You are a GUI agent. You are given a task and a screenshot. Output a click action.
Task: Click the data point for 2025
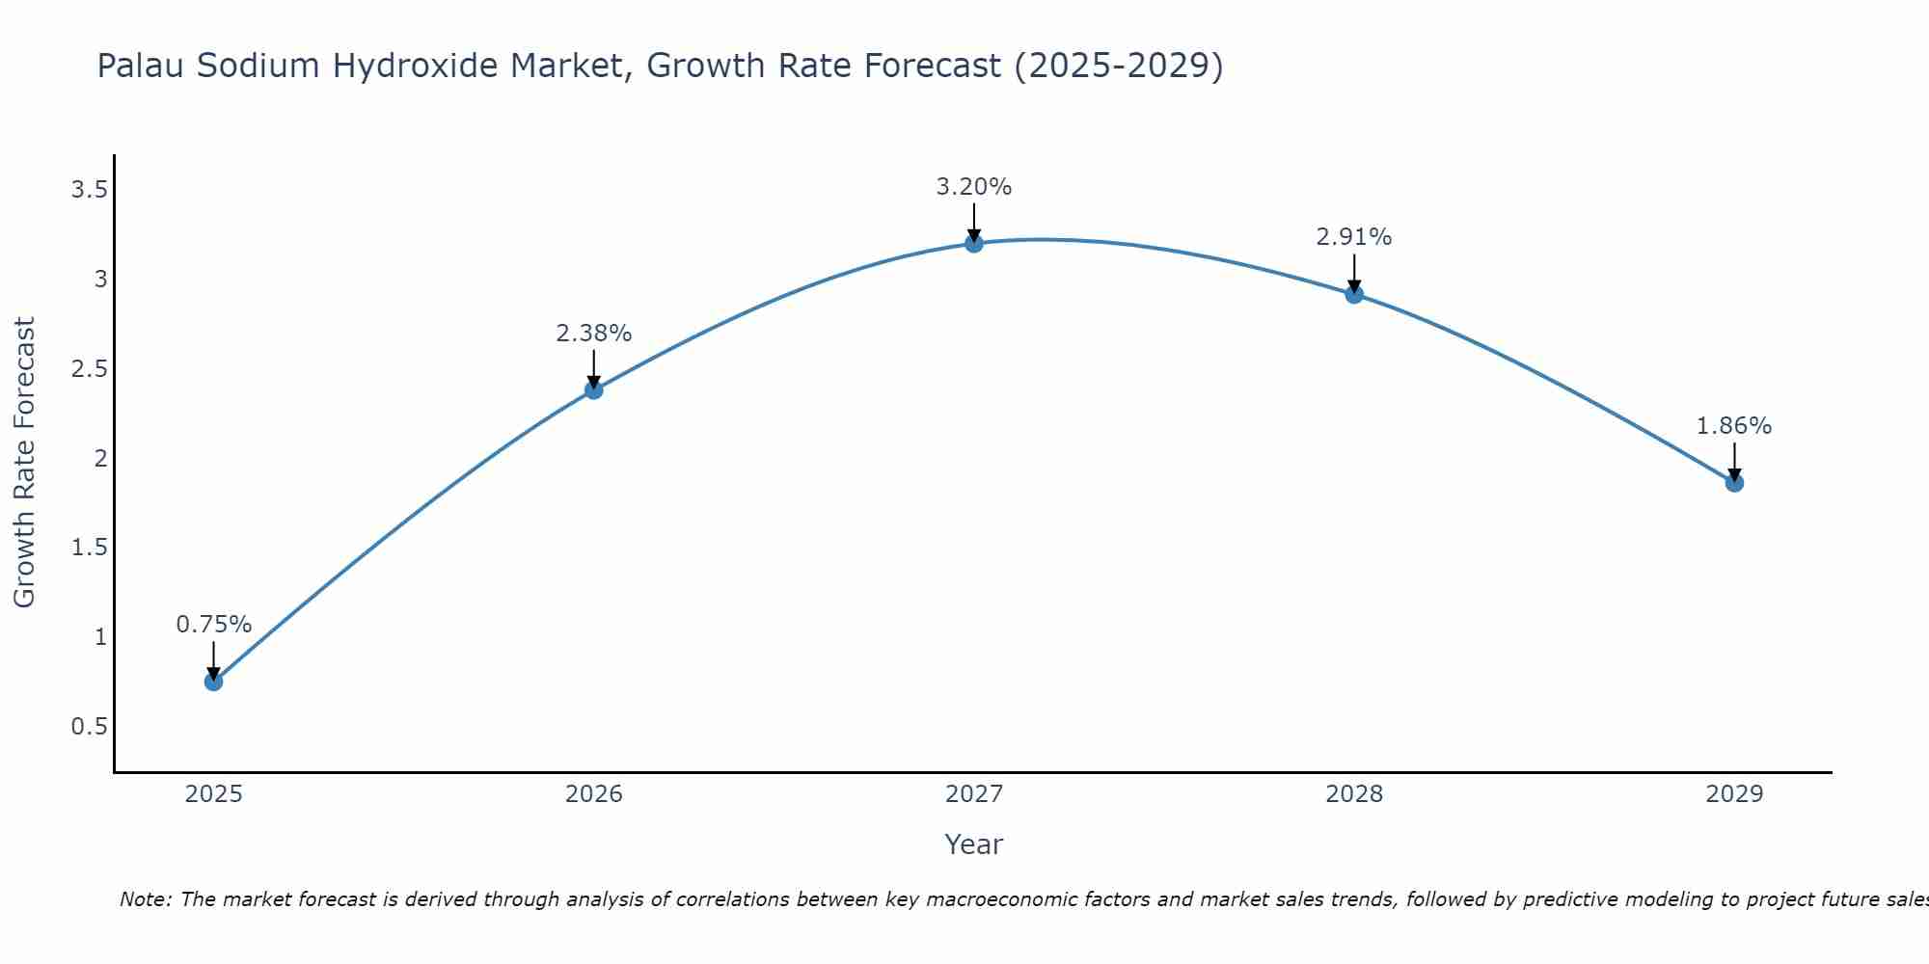(x=213, y=682)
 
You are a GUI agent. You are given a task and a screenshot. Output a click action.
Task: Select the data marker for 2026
(x=594, y=389)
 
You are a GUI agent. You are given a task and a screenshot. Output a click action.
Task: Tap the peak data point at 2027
(x=974, y=243)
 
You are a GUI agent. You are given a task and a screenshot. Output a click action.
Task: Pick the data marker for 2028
(x=1354, y=294)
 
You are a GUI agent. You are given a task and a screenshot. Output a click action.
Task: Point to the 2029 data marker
(x=1734, y=483)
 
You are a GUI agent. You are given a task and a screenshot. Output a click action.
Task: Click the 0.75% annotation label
(x=213, y=625)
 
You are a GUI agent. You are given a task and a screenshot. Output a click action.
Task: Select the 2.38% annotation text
(x=594, y=334)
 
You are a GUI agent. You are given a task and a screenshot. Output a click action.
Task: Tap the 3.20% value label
(x=974, y=187)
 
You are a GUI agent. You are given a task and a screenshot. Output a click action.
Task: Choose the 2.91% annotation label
(x=1354, y=237)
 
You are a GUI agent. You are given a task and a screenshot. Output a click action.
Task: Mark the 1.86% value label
(x=1734, y=426)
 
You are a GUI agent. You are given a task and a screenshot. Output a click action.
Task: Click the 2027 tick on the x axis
(x=974, y=794)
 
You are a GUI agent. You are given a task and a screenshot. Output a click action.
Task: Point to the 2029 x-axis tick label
(x=1734, y=794)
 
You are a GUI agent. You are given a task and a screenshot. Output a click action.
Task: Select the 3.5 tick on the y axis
(x=89, y=190)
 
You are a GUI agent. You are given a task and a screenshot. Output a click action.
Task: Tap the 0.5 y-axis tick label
(x=89, y=727)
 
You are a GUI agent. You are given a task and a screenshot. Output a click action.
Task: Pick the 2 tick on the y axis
(x=100, y=459)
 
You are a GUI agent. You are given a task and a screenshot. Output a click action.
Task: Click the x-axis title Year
(x=974, y=844)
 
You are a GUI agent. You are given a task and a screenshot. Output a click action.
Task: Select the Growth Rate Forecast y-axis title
(x=25, y=463)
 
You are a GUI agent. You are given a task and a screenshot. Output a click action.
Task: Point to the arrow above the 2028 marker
(x=1354, y=272)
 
